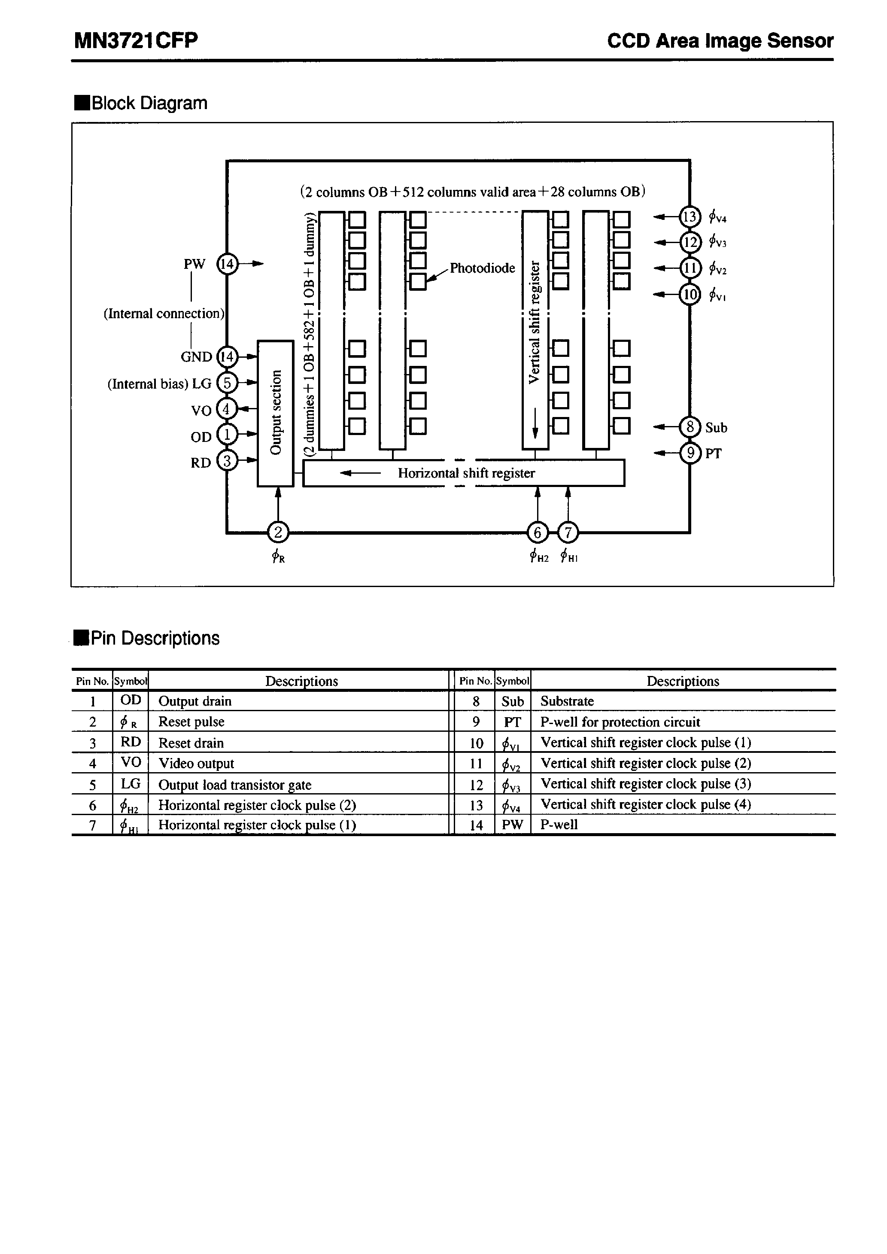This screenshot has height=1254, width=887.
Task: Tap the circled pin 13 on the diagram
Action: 690,217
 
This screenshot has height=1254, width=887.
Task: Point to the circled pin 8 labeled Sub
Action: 690,426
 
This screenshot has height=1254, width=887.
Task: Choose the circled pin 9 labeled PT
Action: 690,453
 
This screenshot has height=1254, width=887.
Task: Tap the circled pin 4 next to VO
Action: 227,408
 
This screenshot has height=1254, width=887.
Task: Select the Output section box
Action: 275,413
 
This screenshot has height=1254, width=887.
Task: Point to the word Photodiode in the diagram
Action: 482,268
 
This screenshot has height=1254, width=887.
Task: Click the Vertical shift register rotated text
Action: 535,322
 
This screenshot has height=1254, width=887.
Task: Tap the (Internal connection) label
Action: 164,313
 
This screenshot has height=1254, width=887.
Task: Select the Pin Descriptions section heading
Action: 155,638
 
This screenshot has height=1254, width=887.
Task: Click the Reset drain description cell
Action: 191,743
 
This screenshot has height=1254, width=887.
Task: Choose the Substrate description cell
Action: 567,701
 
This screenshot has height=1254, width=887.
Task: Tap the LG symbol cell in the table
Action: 131,784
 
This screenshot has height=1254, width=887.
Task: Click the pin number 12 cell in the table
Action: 476,785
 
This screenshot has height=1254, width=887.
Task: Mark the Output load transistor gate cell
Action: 235,785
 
